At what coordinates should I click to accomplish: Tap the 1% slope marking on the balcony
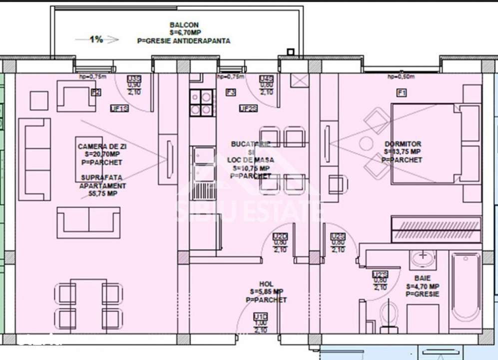[x=96, y=39]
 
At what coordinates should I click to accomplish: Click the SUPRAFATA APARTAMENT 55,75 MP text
[x=103, y=185]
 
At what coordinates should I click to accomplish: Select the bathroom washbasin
[x=423, y=259]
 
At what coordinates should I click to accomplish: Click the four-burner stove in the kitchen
[x=201, y=102]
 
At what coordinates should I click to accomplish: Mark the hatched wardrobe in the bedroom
[x=436, y=229]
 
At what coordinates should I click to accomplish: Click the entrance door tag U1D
[x=260, y=316]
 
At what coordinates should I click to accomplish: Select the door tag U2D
[x=280, y=236]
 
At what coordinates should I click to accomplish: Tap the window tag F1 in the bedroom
[x=401, y=92]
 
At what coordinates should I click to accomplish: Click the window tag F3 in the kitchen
[x=230, y=92]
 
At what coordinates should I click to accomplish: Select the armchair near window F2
[x=76, y=97]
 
